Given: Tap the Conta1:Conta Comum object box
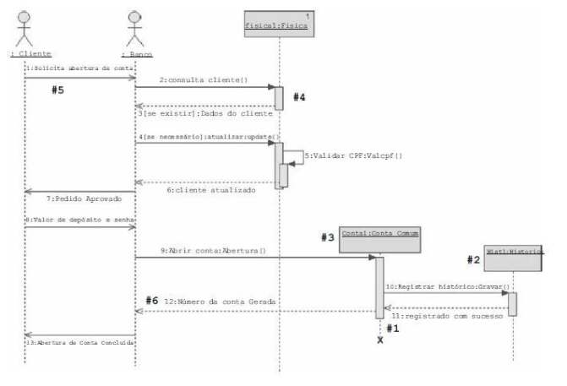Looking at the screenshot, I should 379,235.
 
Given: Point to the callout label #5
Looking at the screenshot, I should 57,91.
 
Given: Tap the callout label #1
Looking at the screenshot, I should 392,328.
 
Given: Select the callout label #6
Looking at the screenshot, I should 151,301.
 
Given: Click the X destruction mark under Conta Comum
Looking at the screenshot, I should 380,340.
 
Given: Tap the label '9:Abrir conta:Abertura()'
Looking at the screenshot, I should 213,251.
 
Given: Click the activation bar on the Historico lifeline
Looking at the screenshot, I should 512,303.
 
